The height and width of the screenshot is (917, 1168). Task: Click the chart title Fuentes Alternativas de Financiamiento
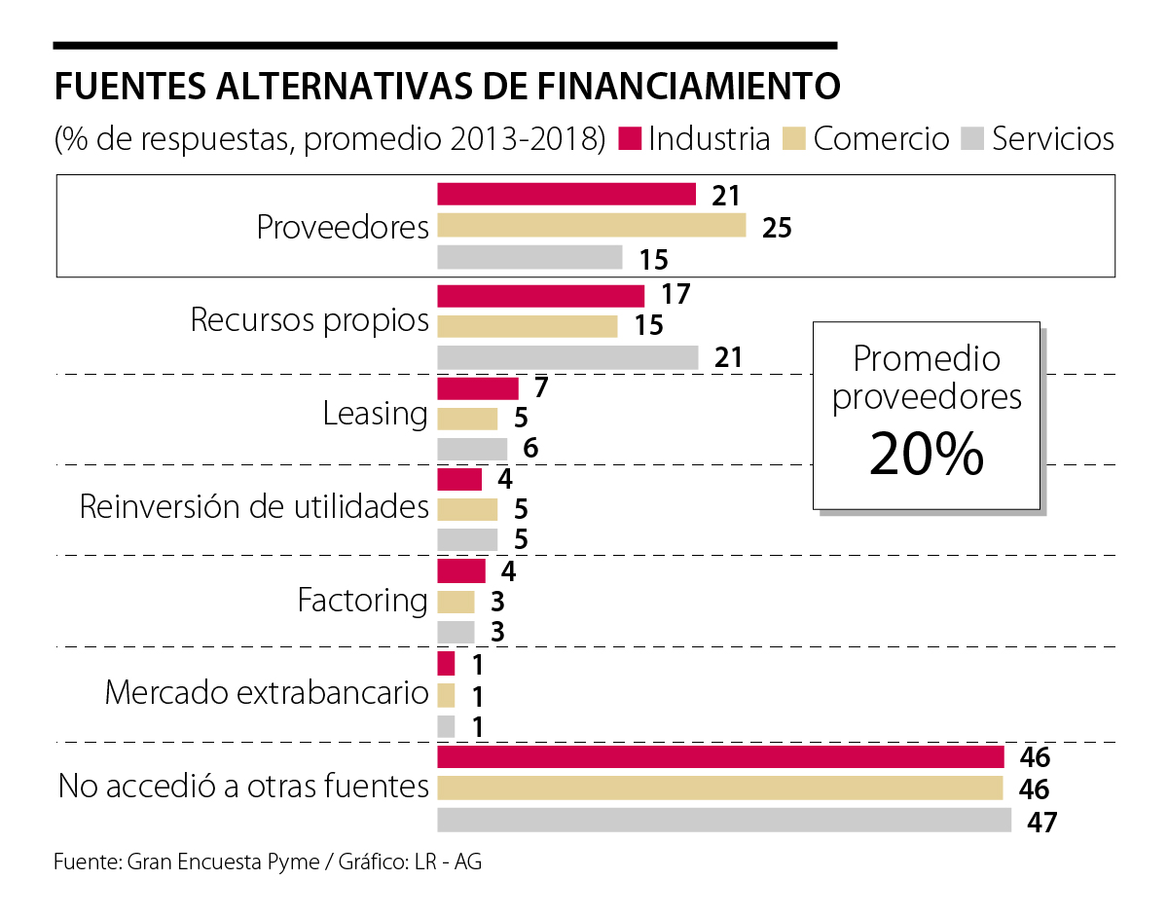click(x=447, y=87)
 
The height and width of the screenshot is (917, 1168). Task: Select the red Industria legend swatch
click(x=630, y=139)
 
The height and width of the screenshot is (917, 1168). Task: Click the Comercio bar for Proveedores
click(x=591, y=226)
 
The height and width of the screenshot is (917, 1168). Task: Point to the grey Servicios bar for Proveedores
click(x=529, y=257)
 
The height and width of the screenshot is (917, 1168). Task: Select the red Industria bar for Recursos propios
click(x=540, y=296)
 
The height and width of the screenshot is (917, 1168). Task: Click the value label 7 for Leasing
click(x=541, y=387)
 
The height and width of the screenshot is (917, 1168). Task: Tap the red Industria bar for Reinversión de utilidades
click(x=459, y=479)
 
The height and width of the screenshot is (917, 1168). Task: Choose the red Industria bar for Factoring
click(x=461, y=570)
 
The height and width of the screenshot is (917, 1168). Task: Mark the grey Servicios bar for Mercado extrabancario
click(x=446, y=726)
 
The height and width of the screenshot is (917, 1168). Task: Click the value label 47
click(x=1041, y=822)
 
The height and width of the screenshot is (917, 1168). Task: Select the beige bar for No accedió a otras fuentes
click(x=720, y=788)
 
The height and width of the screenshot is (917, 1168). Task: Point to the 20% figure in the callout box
click(x=926, y=455)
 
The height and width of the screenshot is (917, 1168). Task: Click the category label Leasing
click(x=375, y=414)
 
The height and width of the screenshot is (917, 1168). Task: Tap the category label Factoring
click(x=362, y=601)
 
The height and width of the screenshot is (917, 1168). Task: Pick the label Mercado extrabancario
click(x=267, y=693)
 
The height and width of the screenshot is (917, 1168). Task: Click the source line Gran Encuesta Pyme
click(x=268, y=862)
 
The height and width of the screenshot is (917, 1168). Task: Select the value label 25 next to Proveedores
click(x=778, y=228)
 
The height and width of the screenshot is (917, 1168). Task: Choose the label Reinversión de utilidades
click(x=254, y=506)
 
